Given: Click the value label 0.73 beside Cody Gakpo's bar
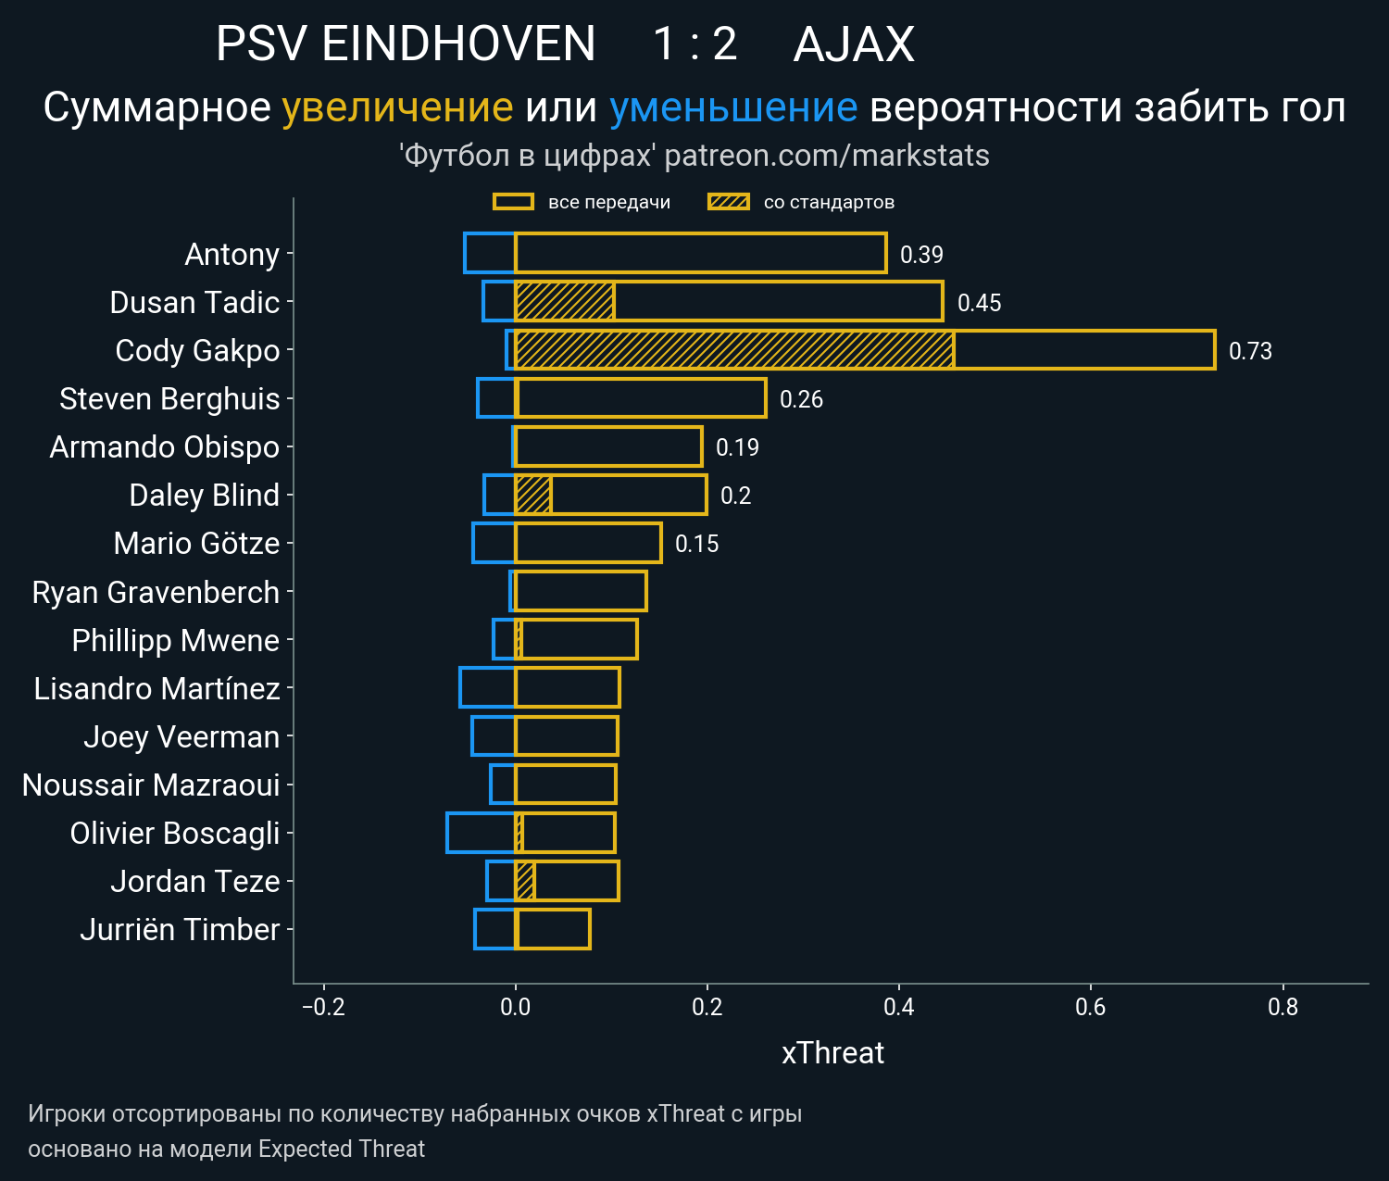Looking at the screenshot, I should (1249, 351).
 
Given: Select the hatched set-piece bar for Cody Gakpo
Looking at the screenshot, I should (734, 350).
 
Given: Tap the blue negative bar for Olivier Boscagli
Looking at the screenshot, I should (481, 833).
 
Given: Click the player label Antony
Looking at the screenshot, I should (231, 254).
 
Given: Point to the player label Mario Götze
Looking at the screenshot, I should (196, 543).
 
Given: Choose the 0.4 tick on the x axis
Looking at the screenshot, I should (899, 1007).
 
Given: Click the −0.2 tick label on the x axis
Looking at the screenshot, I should (323, 1007).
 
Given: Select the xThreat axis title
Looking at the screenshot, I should (832, 1053).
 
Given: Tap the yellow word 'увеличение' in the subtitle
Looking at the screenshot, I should (397, 107).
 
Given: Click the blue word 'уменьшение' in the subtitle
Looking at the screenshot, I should (733, 107).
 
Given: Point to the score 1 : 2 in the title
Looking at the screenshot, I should (694, 44).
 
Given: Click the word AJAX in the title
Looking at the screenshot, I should (854, 44).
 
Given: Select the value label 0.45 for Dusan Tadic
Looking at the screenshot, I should (979, 303).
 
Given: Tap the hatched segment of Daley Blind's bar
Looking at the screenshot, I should (533, 495).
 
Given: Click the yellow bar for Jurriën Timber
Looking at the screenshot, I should (553, 929).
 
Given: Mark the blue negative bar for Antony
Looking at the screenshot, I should (490, 253).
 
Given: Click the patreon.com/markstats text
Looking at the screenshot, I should (827, 156).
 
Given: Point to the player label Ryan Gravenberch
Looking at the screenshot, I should (156, 592).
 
